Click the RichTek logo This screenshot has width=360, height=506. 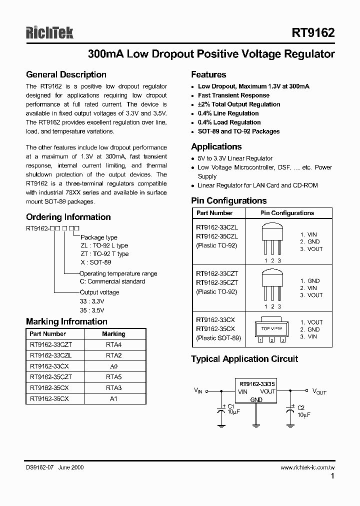pos(49,33)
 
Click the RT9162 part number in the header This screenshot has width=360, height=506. pos(313,33)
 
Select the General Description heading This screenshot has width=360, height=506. pos(66,75)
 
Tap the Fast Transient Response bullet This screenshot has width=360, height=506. pos(233,95)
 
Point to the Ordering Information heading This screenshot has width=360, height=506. pos(68,217)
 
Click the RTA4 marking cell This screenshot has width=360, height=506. pos(113,344)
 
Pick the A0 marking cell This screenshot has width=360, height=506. pos(113,366)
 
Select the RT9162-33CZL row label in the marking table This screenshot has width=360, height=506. pos(51,355)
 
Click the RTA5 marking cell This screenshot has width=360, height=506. pos(113,377)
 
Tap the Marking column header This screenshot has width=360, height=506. pos(113,334)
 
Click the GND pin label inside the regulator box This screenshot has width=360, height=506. pos(256,399)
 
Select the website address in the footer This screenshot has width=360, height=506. pos(307,467)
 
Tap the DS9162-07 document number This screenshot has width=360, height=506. pos(40,467)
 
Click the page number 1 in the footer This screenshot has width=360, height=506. pos(332,477)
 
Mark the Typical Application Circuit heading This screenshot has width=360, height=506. pos(244,359)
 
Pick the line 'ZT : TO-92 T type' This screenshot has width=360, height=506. pos(104,254)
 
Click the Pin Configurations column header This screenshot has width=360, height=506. pos(287,213)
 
